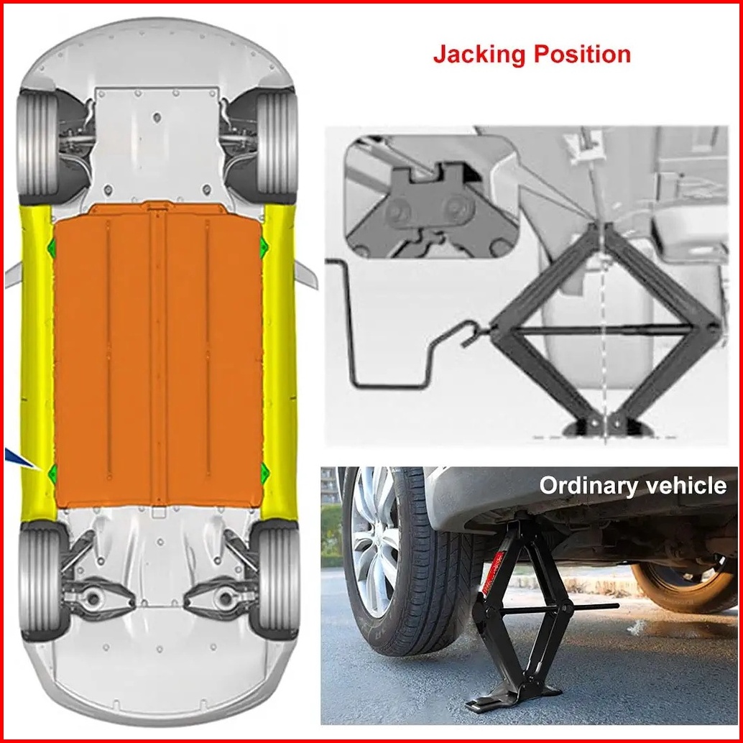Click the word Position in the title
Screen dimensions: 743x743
coord(583,55)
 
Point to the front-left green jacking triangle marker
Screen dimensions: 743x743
coord(52,248)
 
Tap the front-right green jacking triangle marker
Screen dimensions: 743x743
coord(264,247)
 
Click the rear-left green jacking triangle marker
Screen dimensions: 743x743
coord(52,472)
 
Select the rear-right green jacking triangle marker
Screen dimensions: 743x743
coord(264,471)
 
